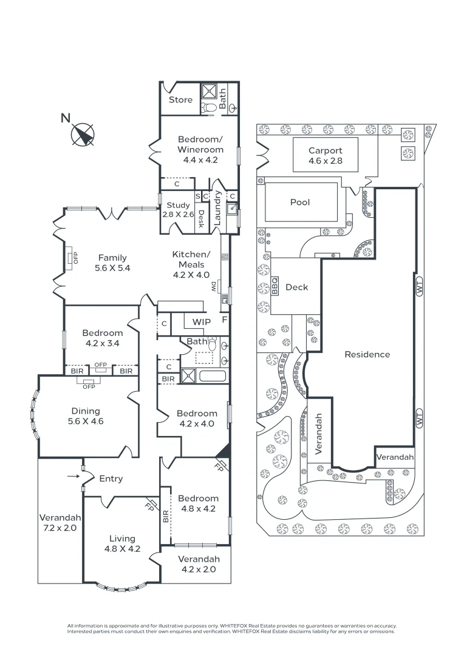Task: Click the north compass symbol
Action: pyautogui.click(x=83, y=133)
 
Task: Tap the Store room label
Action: pyautogui.click(x=180, y=100)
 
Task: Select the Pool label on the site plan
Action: pyautogui.click(x=300, y=202)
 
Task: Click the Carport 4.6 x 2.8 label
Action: pyautogui.click(x=326, y=156)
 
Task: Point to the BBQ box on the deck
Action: pyautogui.click(x=275, y=286)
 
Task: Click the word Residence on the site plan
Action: pyautogui.click(x=367, y=354)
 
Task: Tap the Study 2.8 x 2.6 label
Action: pyautogui.click(x=178, y=210)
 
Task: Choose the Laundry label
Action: pyautogui.click(x=217, y=209)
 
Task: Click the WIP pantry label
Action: pyautogui.click(x=201, y=322)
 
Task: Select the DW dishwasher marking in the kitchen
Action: pyautogui.click(x=213, y=286)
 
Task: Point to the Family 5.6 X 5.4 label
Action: pyautogui.click(x=112, y=263)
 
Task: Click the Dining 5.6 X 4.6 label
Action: pyautogui.click(x=87, y=416)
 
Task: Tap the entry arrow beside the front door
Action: pyautogui.click(x=73, y=477)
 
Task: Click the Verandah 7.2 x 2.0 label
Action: pyautogui.click(x=60, y=523)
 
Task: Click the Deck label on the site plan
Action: pyautogui.click(x=296, y=287)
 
